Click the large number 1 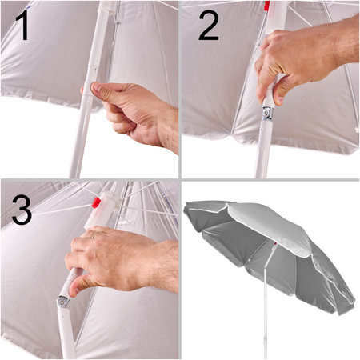tap(22, 26)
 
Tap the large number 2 tap(209, 26)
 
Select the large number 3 tap(22, 210)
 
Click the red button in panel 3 tap(96, 202)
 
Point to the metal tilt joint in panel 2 tap(268, 114)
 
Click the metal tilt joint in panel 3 tap(63, 302)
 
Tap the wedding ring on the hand tap(94, 234)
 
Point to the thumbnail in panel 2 tap(279, 101)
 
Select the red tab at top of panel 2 tap(266, 6)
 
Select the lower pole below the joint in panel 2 tap(262, 150)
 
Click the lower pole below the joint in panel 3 tap(66, 334)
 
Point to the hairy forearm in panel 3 tap(160, 266)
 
